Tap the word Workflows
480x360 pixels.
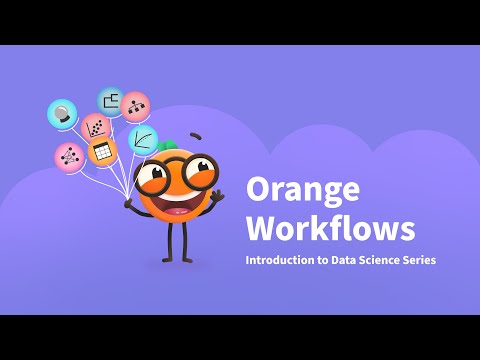[330, 228]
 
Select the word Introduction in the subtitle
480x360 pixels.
[284, 260]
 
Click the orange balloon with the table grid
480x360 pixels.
[101, 152]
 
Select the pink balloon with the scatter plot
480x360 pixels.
[96, 127]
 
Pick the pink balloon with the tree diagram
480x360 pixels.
[135, 106]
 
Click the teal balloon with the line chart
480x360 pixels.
[142, 139]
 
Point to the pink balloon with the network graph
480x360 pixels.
[69, 156]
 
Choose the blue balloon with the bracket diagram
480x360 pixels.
[110, 100]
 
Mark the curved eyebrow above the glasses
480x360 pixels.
[195, 136]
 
